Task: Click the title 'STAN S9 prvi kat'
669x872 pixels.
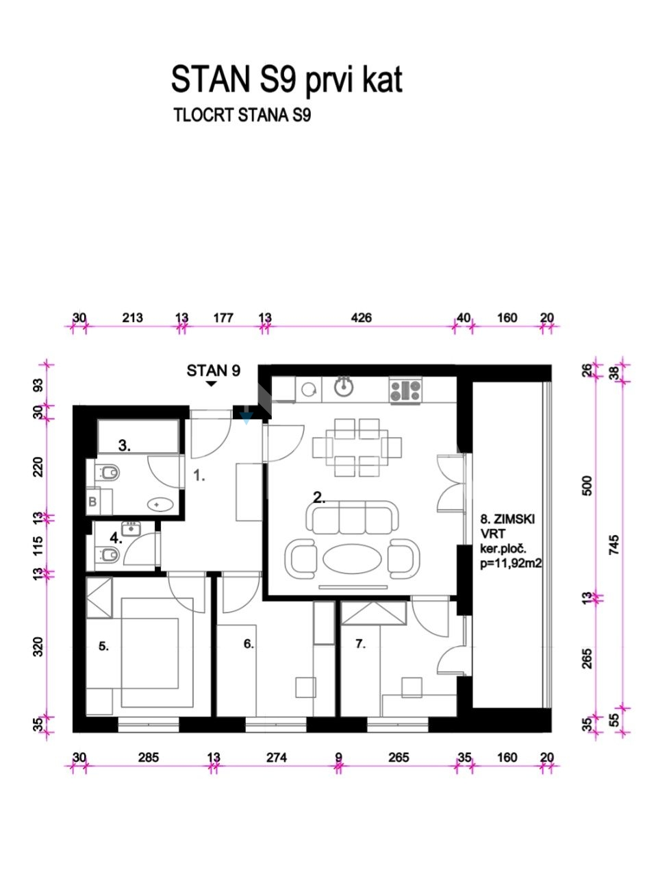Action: click(x=286, y=80)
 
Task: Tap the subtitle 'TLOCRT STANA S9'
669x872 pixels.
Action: click(x=242, y=115)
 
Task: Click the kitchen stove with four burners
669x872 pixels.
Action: click(x=405, y=390)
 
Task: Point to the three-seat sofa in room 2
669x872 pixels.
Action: click(x=352, y=518)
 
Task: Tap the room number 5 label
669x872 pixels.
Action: click(x=103, y=646)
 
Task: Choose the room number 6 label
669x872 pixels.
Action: click(x=249, y=644)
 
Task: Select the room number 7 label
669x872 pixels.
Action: click(x=360, y=644)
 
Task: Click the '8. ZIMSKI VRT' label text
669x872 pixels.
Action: click(x=507, y=527)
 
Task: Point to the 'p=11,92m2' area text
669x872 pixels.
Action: click(x=511, y=563)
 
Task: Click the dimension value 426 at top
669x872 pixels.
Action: click(x=361, y=318)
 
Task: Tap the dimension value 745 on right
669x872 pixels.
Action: click(x=614, y=545)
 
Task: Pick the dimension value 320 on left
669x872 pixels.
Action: click(x=38, y=646)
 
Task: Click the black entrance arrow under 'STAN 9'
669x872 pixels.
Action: click(x=212, y=384)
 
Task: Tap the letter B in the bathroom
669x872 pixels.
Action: click(x=92, y=501)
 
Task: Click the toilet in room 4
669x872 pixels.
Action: click(x=107, y=555)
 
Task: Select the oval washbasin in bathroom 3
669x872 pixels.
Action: click(x=160, y=504)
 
